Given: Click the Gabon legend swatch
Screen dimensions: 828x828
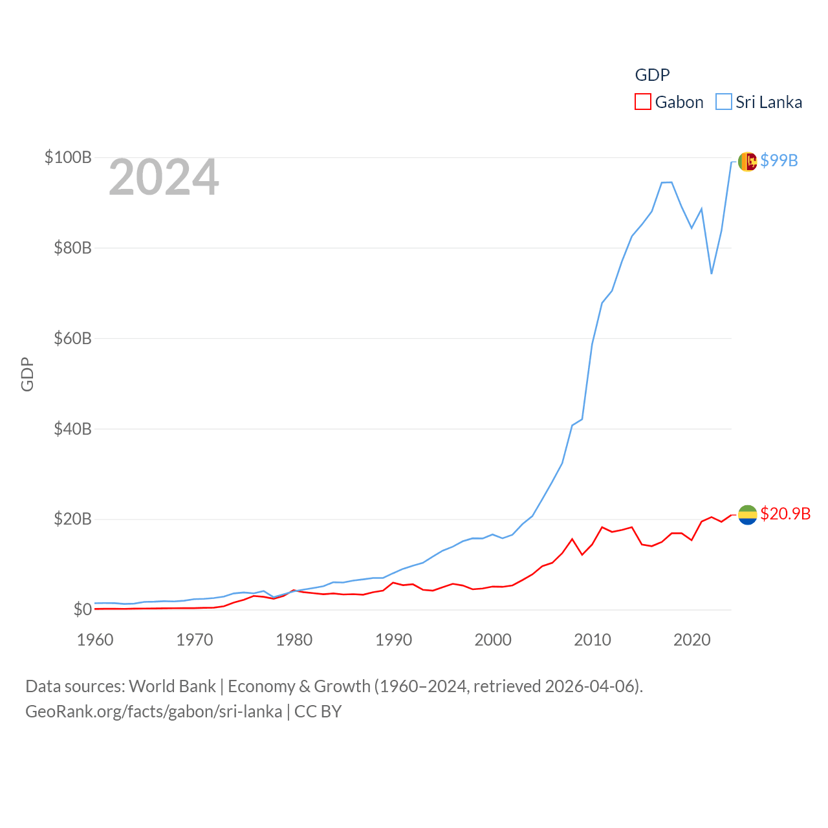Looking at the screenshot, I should (x=642, y=102).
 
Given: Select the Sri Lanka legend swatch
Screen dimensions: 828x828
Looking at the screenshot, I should (x=723, y=102).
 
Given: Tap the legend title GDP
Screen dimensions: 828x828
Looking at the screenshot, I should (x=652, y=75).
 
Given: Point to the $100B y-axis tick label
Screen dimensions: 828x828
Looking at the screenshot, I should (x=68, y=157).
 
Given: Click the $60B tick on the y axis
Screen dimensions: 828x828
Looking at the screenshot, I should (x=72, y=338).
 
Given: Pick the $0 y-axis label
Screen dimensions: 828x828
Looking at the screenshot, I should (x=82, y=609).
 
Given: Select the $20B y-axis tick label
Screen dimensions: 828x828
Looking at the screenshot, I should (x=72, y=519).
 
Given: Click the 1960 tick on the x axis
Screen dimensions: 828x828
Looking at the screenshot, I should (x=95, y=640).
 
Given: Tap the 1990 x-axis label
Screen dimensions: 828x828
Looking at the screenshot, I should (x=393, y=640).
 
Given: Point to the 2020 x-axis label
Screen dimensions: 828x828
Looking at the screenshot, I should (x=692, y=640).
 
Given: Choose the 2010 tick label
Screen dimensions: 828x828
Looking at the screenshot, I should (x=593, y=640).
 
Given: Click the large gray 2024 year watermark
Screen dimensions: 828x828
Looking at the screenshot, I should (x=164, y=177).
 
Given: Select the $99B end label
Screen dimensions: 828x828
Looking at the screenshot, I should (x=779, y=160).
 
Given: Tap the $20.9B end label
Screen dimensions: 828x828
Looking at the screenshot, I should (x=785, y=514).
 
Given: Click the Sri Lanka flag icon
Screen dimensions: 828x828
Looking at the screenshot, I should (x=747, y=161).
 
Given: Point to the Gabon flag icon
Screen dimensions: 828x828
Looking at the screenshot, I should (x=747, y=514).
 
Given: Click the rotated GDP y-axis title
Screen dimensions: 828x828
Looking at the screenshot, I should (x=27, y=374).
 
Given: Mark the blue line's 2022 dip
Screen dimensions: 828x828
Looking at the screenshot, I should (x=712, y=273).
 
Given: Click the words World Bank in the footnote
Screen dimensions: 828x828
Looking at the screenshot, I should (x=172, y=686).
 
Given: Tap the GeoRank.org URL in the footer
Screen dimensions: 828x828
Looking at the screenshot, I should (x=153, y=712).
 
